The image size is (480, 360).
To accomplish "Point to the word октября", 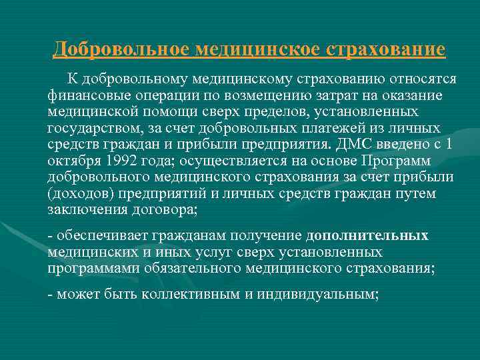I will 72,160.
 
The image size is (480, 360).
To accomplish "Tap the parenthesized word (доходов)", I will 79,193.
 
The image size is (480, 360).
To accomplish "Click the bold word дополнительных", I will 367,236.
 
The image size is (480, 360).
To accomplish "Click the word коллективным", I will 190,295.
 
